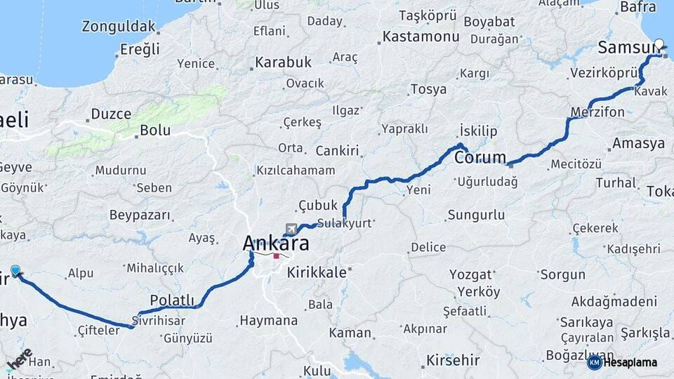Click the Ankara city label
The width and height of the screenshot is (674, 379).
coord(275,244)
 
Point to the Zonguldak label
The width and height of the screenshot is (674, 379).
coord(119,27)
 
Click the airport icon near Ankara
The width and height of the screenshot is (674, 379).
coord(291,229)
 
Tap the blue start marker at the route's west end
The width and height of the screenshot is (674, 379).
coord(15,270)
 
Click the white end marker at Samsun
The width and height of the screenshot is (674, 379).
coord(659,43)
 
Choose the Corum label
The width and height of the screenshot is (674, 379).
coord(480,157)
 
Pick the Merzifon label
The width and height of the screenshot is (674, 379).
coord(597,112)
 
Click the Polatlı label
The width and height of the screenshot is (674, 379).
coord(172,300)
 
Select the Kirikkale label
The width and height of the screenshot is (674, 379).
coord(317,272)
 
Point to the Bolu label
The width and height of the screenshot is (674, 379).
coord(155,130)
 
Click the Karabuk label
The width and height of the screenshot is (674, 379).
coord(283,62)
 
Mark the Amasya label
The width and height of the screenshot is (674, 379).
coord(638,144)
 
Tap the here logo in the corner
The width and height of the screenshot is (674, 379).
coord(19,359)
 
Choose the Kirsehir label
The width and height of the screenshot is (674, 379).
coord(453,361)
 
